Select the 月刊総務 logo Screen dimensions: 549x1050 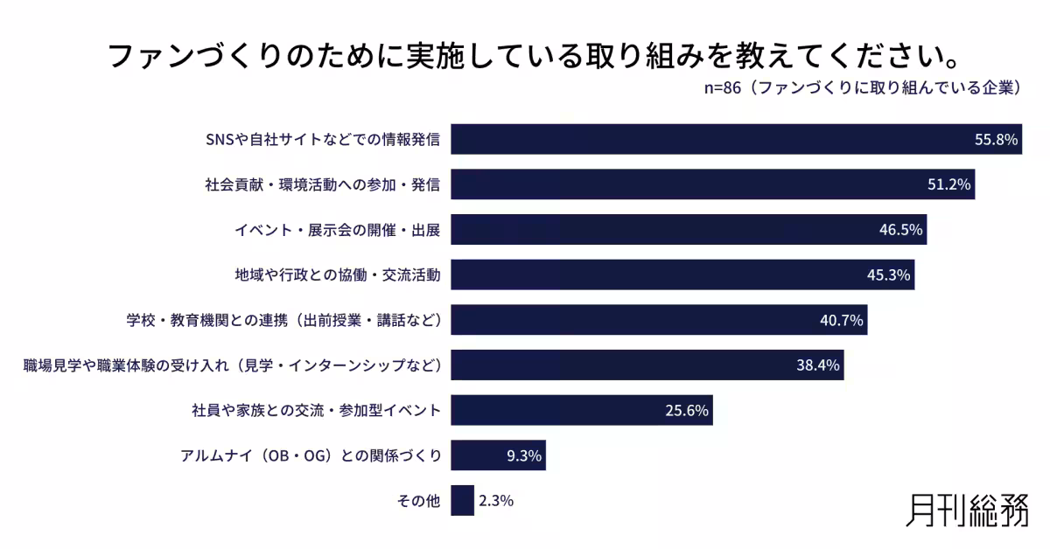point(967,510)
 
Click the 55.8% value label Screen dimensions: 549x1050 point(997,140)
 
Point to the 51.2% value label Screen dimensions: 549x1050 point(949,185)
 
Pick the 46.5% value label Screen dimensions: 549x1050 point(901,231)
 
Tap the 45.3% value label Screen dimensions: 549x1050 point(889,275)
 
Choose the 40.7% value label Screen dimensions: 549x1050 point(842,321)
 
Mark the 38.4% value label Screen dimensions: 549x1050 point(818,365)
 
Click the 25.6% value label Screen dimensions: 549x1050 point(687,411)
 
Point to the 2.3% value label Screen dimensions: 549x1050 point(495,501)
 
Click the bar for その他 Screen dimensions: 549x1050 point(462,501)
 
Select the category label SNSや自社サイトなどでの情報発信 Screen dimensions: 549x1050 point(321,140)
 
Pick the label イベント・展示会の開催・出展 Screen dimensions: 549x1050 point(337,231)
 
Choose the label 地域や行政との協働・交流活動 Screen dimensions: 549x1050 point(337,275)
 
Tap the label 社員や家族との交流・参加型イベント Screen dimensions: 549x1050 point(316,411)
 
